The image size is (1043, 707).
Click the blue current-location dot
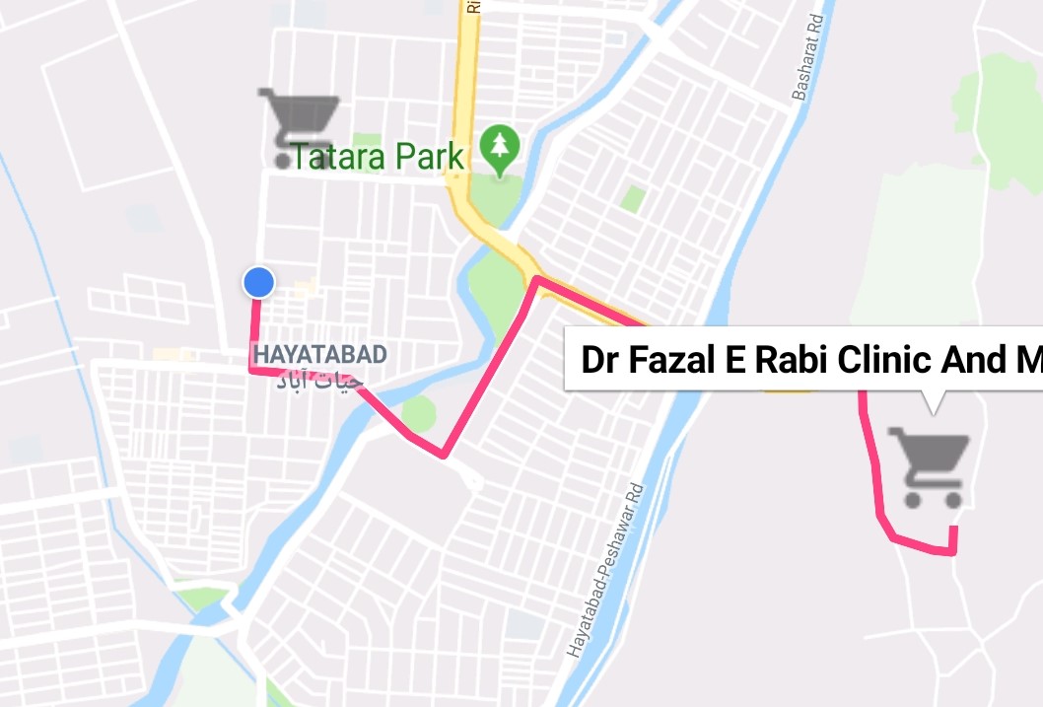point(258,283)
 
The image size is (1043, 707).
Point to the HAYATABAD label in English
point(319,354)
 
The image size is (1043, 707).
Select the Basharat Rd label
point(804,70)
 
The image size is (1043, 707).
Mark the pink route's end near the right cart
point(953,530)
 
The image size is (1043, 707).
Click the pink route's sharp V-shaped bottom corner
point(445,455)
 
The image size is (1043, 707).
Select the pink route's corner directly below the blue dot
point(253,369)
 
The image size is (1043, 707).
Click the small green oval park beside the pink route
point(419,413)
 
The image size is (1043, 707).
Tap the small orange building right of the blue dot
point(306,288)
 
